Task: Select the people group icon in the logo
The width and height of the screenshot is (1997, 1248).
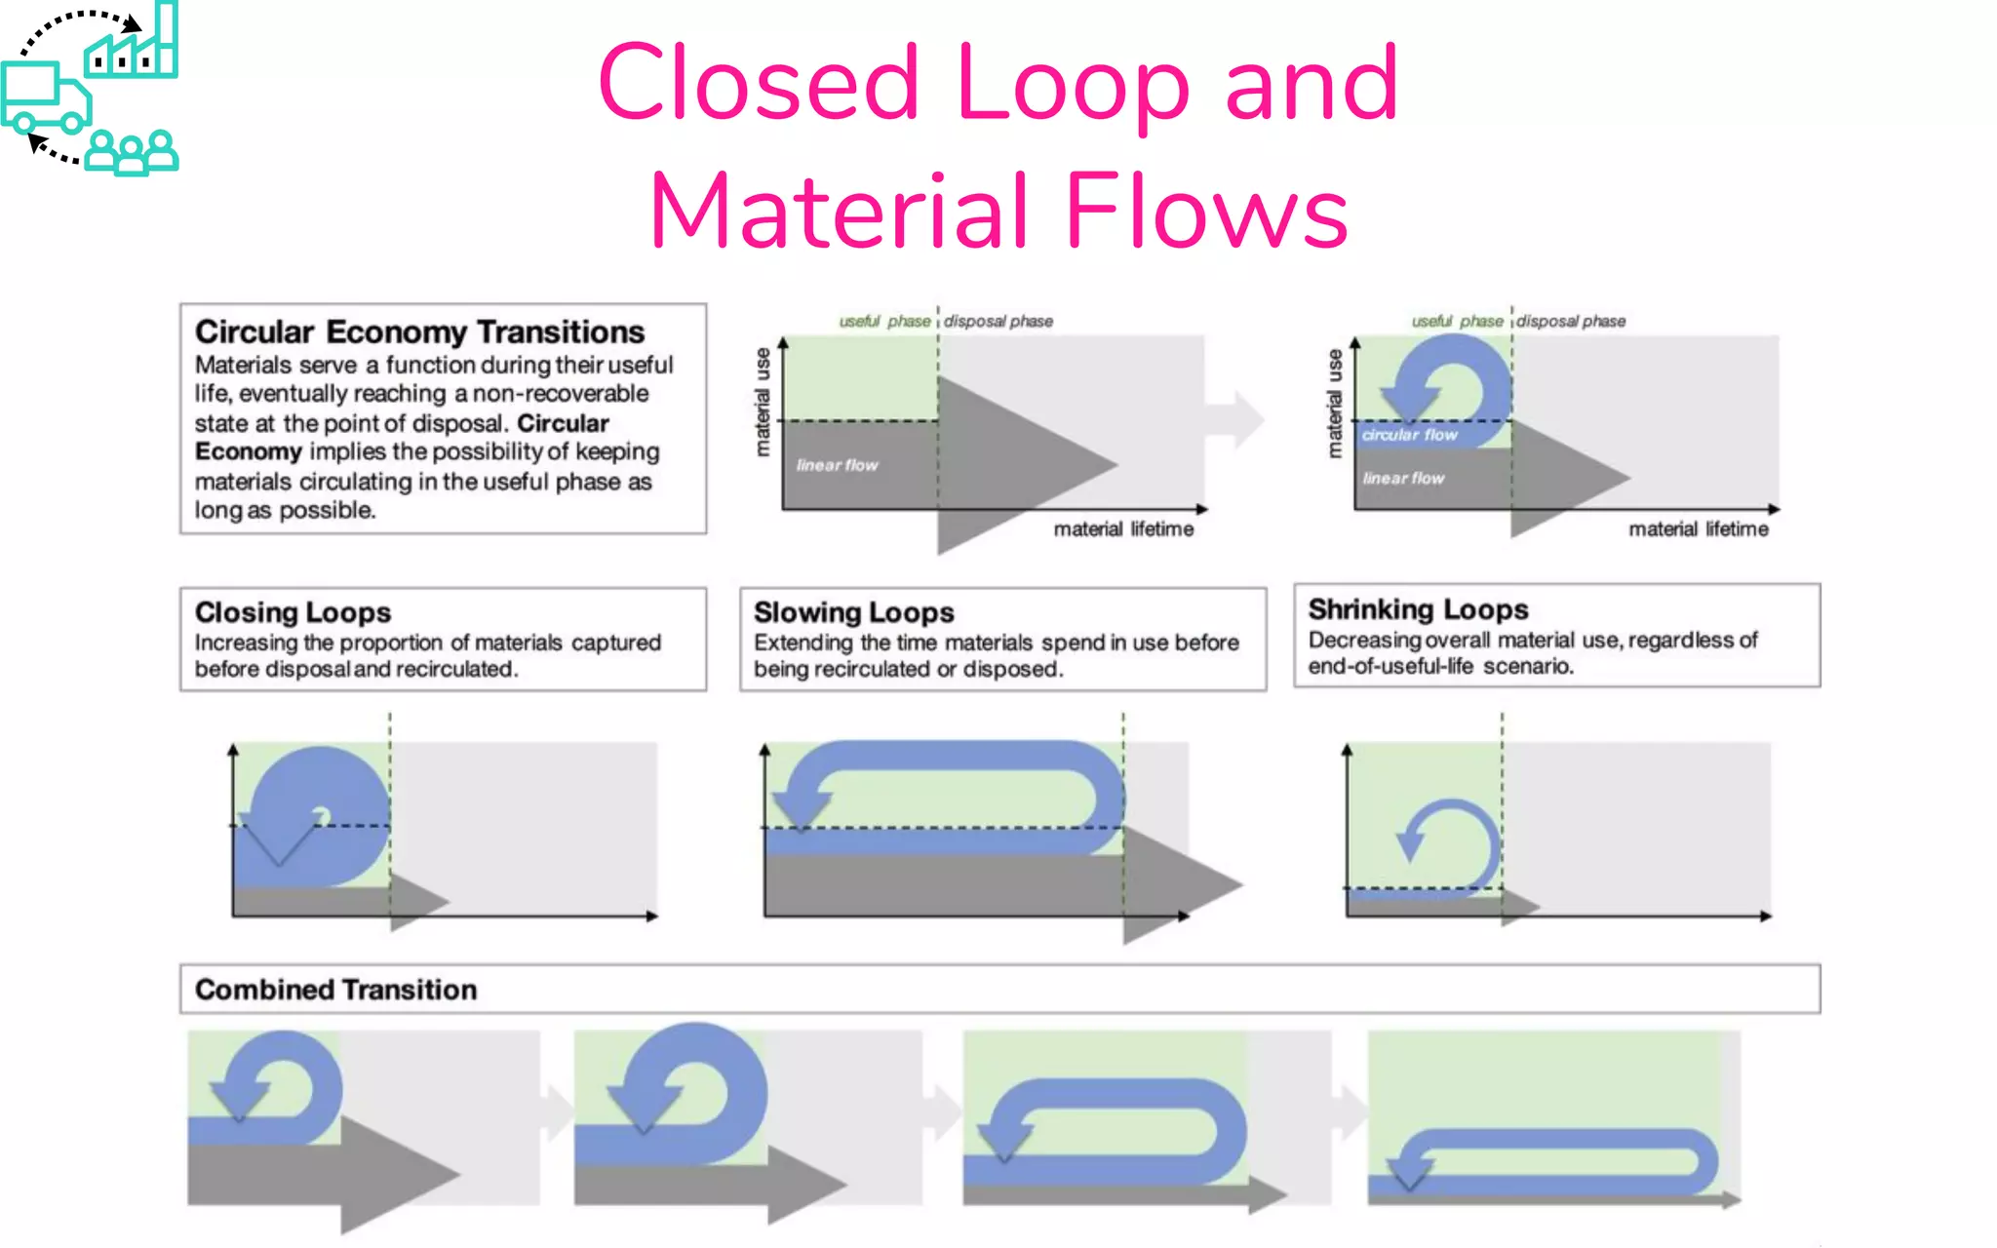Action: [132, 153]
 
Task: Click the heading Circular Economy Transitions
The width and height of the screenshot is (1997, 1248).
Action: [419, 332]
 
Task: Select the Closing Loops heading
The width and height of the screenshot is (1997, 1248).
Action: [293, 612]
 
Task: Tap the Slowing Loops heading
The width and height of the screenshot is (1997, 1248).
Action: [853, 612]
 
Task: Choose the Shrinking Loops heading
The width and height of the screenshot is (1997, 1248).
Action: [1418, 609]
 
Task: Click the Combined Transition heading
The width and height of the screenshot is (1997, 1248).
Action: [335, 990]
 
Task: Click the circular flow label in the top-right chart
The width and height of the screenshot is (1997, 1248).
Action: [1409, 435]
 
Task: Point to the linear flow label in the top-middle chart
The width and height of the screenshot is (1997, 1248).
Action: [837, 465]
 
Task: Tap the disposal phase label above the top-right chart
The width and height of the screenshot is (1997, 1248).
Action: [1571, 321]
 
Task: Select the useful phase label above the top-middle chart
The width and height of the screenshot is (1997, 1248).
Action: [884, 321]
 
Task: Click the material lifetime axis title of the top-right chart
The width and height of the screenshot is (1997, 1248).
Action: [1698, 529]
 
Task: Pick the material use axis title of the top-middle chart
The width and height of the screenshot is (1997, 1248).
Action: [763, 402]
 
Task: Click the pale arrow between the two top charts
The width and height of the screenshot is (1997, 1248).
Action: [1236, 419]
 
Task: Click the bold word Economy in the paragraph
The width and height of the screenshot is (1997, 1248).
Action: [248, 452]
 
